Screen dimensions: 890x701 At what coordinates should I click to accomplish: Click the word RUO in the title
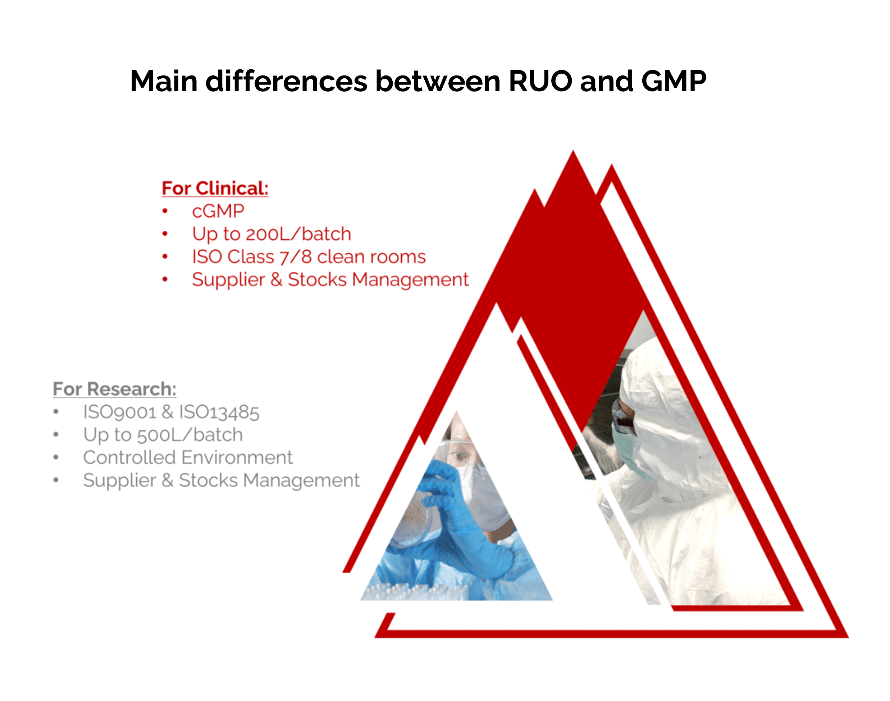pyautogui.click(x=540, y=81)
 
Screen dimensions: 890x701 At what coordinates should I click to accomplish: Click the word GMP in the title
pyautogui.click(x=674, y=81)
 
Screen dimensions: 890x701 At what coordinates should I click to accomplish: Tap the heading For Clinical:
pyautogui.click(x=215, y=188)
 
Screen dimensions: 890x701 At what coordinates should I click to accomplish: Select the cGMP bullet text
pyautogui.click(x=218, y=211)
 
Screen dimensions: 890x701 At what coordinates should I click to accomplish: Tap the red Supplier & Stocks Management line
pyautogui.click(x=330, y=280)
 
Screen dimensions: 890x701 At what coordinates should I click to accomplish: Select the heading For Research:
pyautogui.click(x=115, y=389)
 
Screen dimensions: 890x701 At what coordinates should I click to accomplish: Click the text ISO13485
pyautogui.click(x=219, y=412)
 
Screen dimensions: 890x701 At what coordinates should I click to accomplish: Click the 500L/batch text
pyautogui.click(x=190, y=435)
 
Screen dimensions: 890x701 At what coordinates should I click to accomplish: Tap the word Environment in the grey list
pyautogui.click(x=237, y=457)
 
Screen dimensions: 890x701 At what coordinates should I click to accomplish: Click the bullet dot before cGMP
pyautogui.click(x=165, y=211)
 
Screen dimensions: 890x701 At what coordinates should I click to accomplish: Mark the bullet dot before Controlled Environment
pyautogui.click(x=56, y=457)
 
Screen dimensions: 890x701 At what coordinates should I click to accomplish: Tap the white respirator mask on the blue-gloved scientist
pyautogui.click(x=485, y=497)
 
